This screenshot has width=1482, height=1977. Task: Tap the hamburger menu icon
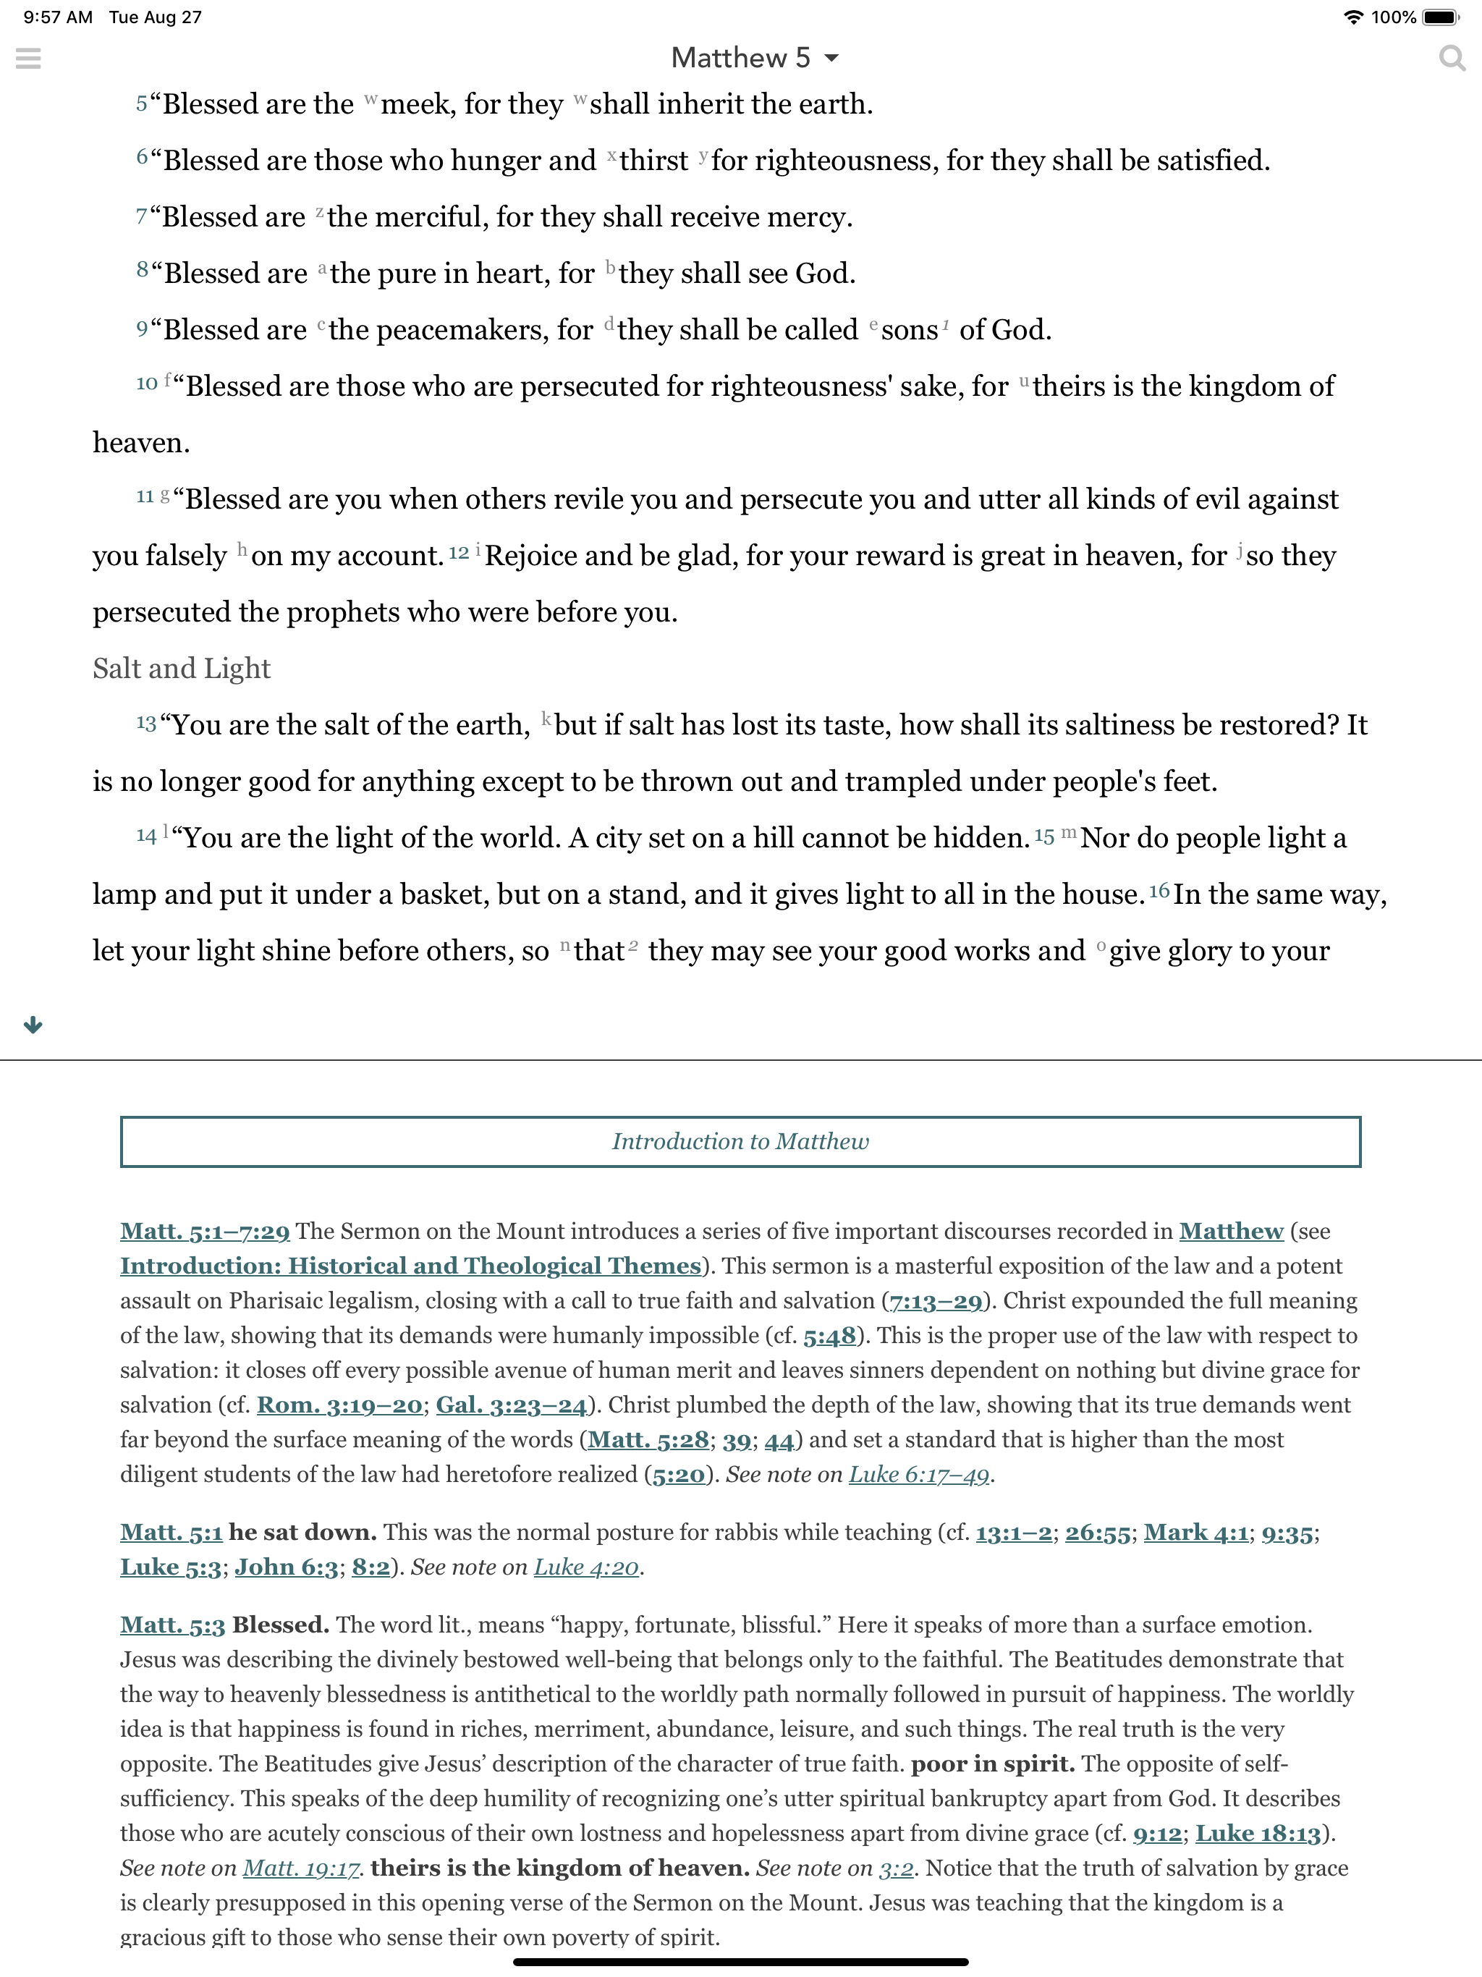[29, 58]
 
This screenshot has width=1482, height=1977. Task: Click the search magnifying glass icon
[1452, 58]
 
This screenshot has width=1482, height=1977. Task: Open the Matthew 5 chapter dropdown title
[753, 58]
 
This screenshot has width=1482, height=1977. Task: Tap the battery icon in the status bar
[1440, 17]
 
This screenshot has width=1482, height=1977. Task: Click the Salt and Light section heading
[182, 669]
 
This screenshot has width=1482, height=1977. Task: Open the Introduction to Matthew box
[740, 1141]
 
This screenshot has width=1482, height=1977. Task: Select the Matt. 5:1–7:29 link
[205, 1232]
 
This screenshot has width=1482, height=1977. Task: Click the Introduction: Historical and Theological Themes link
[410, 1266]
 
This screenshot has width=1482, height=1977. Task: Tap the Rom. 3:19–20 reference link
[339, 1405]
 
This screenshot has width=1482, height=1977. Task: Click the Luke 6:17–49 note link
[919, 1475]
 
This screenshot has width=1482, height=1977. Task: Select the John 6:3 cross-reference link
[286, 1567]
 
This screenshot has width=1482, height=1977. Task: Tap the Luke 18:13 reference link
[1258, 1833]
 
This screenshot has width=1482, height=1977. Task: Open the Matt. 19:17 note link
[301, 1868]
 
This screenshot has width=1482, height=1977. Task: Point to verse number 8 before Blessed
[142, 270]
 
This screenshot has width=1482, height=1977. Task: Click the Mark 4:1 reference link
[1196, 1533]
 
